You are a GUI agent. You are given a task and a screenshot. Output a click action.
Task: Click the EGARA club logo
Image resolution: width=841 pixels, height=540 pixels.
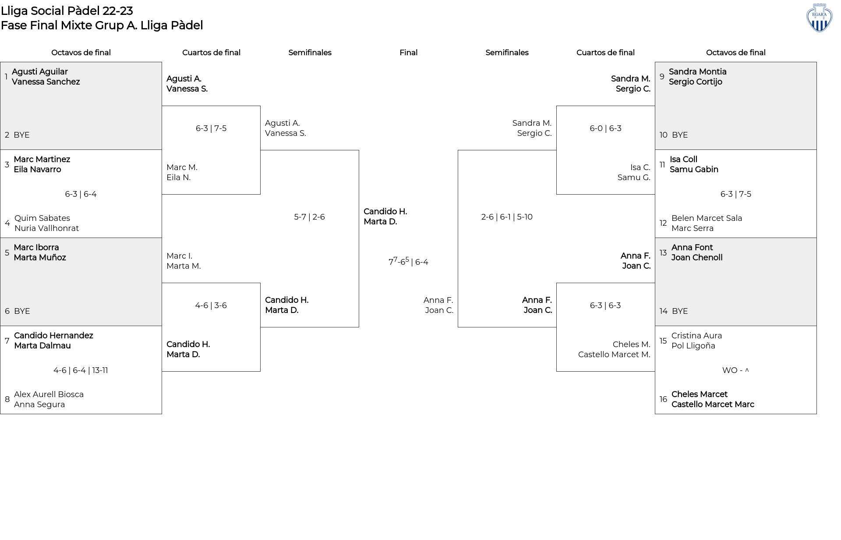click(819, 18)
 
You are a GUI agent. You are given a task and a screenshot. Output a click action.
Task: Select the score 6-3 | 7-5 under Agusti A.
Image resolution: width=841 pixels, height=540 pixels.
click(211, 128)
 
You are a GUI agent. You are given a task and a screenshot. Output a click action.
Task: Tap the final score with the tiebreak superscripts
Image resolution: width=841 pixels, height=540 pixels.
click(408, 262)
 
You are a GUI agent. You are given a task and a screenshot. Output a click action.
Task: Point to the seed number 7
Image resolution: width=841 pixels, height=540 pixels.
click(7, 341)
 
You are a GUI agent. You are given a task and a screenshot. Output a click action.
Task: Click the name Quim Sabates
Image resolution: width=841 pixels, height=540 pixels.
click(42, 218)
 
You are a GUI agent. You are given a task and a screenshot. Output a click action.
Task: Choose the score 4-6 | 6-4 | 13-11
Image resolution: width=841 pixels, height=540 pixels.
click(81, 370)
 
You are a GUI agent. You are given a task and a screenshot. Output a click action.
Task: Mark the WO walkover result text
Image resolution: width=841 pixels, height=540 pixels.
click(735, 370)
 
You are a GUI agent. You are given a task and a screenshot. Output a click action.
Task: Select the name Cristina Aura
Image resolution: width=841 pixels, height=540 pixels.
click(696, 336)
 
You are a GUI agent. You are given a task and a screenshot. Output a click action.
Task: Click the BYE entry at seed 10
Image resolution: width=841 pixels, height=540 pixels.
click(680, 135)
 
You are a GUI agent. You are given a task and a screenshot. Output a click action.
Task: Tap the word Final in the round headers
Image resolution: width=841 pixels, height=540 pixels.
click(408, 53)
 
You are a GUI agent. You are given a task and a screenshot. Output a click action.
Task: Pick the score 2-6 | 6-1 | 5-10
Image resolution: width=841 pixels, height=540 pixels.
click(507, 217)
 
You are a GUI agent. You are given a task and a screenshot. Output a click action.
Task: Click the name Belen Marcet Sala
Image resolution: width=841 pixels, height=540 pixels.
click(707, 218)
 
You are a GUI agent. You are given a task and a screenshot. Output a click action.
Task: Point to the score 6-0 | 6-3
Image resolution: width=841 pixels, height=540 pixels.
click(605, 128)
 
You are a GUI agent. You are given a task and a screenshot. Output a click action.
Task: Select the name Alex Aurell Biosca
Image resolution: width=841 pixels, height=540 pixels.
click(49, 394)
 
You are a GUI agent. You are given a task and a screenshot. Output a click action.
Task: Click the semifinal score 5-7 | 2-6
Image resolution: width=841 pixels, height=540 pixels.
click(309, 217)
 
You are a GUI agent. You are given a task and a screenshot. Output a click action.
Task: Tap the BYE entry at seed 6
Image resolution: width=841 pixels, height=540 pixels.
click(22, 311)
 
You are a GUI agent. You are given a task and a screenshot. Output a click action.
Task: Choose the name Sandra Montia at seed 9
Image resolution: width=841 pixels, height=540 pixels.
click(697, 72)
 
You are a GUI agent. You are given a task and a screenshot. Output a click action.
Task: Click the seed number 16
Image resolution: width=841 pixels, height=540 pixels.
click(663, 399)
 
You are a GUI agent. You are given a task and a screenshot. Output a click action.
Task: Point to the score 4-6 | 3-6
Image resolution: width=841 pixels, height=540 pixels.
click(211, 306)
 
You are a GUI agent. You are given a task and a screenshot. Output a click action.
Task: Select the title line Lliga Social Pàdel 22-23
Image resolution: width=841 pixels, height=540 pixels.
click(67, 11)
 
